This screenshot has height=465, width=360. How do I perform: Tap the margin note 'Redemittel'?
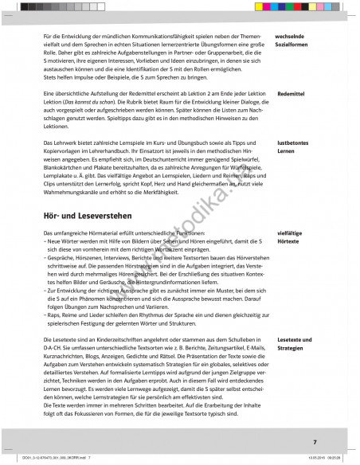pos(292,116)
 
